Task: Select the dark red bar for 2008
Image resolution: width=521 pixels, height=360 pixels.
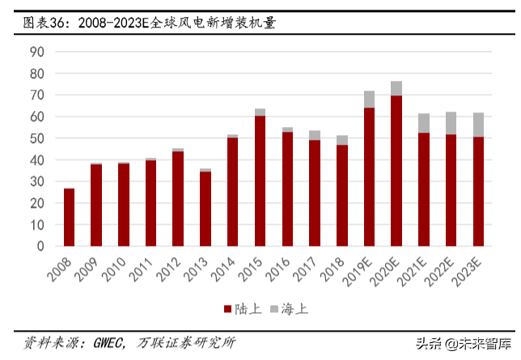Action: pos(70,217)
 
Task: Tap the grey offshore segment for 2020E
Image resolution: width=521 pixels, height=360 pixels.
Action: pos(396,88)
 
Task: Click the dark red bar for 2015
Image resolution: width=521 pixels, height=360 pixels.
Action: pos(260,180)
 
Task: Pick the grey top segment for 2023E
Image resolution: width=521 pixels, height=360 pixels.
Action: pos(478,125)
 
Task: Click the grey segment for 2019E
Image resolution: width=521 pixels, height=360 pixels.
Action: pos(369,100)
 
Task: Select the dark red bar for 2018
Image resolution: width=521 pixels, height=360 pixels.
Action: pos(341,195)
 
